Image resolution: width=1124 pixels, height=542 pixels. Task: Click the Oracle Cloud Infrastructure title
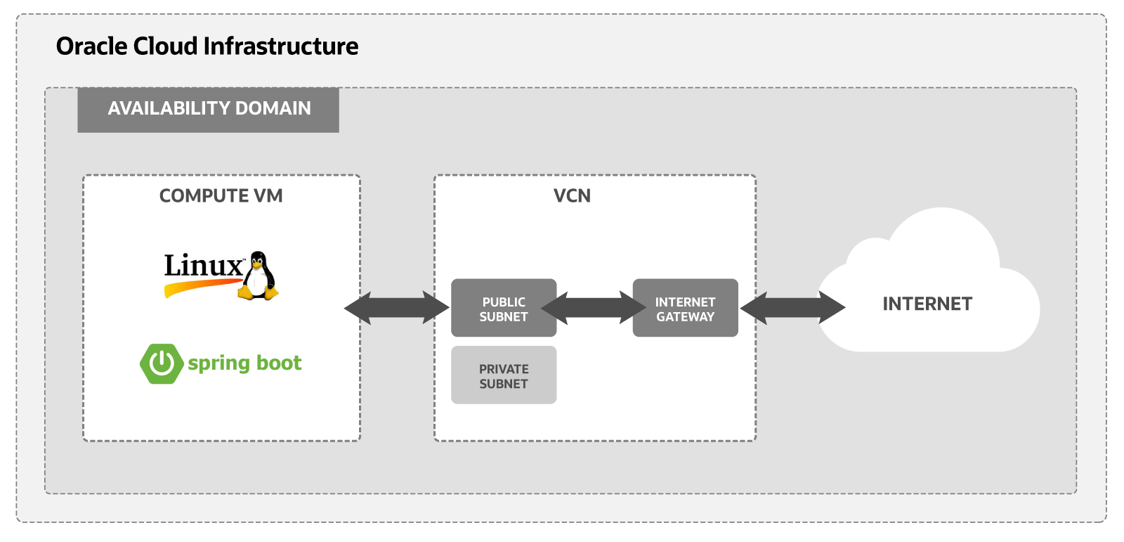click(207, 46)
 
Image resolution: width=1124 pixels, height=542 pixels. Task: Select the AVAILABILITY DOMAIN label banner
click(208, 109)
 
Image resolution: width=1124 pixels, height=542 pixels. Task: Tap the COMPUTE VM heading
click(221, 195)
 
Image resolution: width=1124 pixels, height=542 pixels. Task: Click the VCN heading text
click(572, 195)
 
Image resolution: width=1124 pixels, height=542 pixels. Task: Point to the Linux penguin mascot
click(259, 276)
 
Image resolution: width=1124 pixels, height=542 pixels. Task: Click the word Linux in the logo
click(203, 266)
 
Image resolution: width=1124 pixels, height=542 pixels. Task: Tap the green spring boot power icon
click(162, 363)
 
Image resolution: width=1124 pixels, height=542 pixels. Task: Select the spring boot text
click(244, 363)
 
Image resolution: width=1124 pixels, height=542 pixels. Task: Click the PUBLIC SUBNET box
click(503, 308)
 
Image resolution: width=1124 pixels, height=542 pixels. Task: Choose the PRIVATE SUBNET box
click(503, 375)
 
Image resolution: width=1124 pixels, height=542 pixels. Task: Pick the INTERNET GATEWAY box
click(685, 308)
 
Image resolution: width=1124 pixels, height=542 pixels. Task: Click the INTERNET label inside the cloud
click(927, 304)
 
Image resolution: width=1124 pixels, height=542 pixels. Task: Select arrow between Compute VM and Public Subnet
click(396, 308)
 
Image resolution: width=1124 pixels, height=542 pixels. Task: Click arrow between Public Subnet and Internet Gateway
click(594, 308)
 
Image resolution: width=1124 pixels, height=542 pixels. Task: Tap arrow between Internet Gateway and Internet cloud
click(792, 308)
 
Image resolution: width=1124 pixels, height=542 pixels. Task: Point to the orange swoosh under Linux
click(200, 286)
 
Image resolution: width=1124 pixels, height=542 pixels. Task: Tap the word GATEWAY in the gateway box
click(685, 317)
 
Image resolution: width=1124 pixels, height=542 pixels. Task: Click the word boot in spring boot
click(279, 363)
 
